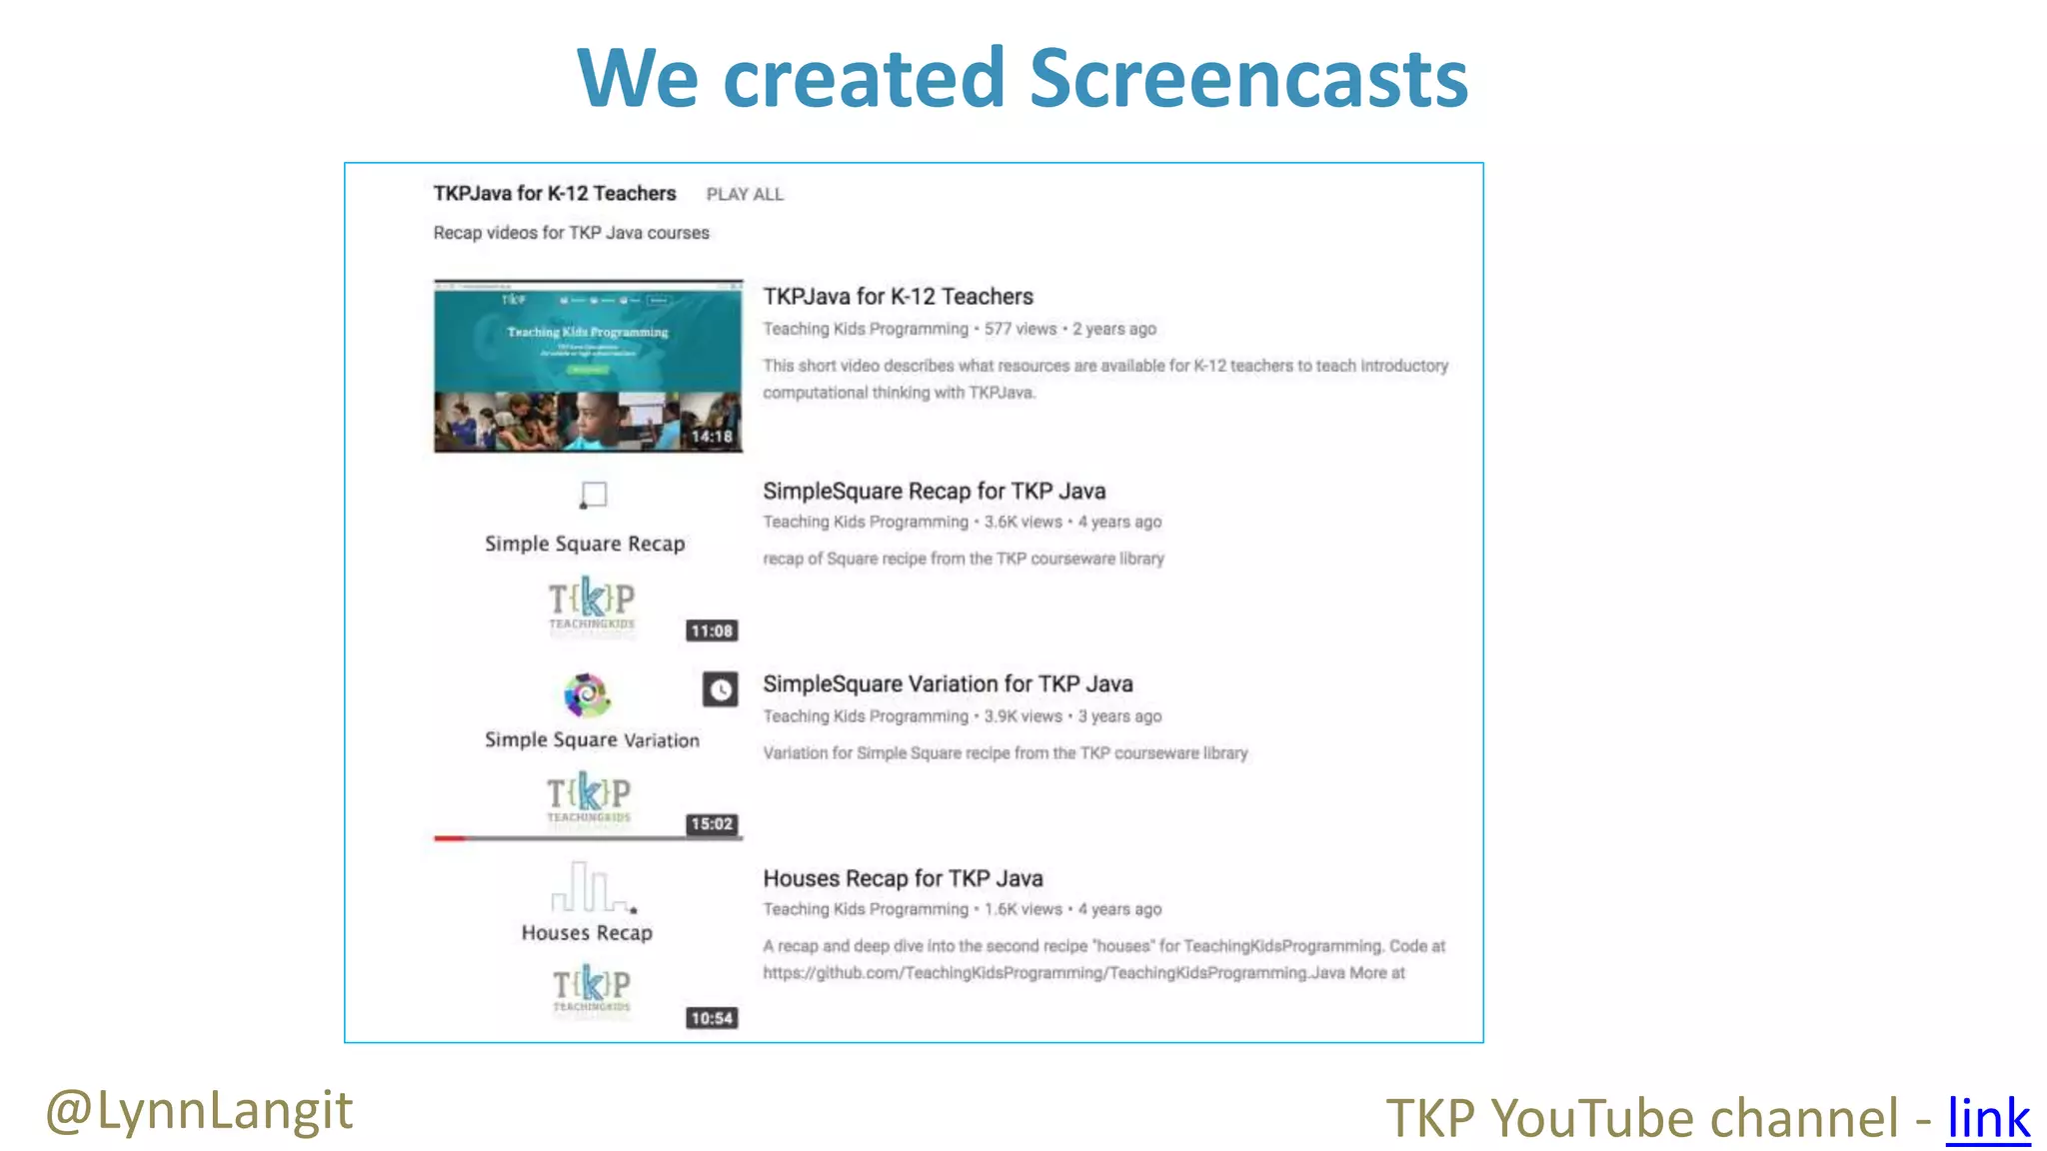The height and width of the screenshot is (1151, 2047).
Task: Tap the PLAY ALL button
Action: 745,194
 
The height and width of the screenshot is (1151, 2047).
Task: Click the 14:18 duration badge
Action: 712,437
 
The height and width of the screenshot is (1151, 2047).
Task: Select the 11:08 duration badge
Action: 712,630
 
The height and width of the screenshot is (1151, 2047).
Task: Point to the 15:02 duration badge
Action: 712,824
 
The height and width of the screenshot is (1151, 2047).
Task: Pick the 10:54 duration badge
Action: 712,1018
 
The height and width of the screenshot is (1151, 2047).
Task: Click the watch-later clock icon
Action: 720,689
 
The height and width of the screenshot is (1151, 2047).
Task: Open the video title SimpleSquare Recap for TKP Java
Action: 934,491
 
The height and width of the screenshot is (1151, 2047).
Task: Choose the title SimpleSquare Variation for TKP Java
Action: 948,684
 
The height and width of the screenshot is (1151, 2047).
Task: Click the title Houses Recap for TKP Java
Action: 903,878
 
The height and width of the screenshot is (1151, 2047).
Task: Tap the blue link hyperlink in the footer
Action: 1988,1118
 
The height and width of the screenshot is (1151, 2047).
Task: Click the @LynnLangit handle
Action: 199,1110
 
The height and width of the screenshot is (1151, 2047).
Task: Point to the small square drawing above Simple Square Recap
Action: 593,495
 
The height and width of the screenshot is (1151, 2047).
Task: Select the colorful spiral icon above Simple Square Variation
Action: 587,695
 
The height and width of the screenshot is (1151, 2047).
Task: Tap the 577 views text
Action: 1020,329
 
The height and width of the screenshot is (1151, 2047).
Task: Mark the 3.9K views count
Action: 1023,716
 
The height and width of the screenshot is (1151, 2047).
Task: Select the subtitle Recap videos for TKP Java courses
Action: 571,233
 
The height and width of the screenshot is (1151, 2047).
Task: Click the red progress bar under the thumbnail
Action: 450,838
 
